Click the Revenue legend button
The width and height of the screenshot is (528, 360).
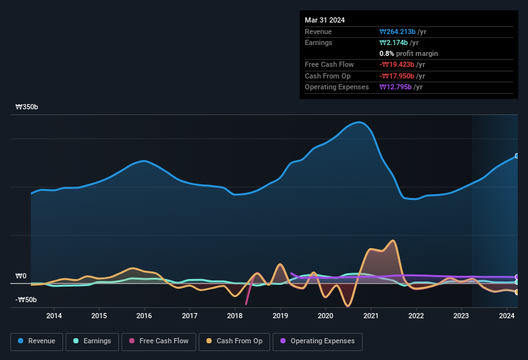click(37, 341)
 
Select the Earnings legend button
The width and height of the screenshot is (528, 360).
click(91, 341)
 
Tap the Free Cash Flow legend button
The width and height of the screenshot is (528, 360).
click(158, 341)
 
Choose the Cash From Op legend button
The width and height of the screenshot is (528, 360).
click(235, 341)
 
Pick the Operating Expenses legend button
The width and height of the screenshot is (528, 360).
click(318, 341)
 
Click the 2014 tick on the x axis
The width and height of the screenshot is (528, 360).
click(54, 316)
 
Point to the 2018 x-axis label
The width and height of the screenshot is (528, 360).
click(235, 316)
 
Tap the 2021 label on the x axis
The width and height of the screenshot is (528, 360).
click(370, 316)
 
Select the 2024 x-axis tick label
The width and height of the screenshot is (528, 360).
click(507, 316)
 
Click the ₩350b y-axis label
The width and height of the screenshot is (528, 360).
click(27, 107)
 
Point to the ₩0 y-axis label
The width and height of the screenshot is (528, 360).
click(21, 276)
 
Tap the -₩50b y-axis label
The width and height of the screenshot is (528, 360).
click(26, 300)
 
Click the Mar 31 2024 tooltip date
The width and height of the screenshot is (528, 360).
click(325, 20)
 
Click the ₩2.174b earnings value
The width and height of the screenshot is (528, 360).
click(394, 43)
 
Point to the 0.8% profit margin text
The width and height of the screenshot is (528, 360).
click(408, 54)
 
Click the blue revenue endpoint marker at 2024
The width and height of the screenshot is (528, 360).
click(517, 156)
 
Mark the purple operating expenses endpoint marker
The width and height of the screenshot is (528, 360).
click(517, 277)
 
